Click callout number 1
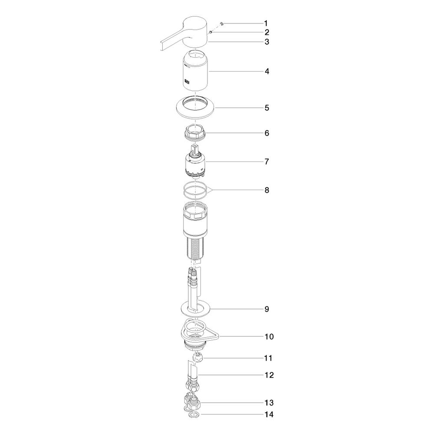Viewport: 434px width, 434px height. tap(266, 23)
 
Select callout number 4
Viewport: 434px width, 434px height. tap(266, 71)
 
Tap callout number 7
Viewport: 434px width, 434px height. tap(266, 161)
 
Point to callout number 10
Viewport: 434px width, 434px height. tap(269, 336)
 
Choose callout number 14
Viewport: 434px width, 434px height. tap(269, 414)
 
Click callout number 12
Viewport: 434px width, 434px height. tap(269, 375)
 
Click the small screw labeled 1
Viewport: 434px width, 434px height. tap(221, 23)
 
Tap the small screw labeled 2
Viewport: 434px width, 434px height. tap(211, 32)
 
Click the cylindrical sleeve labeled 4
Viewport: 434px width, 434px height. tap(195, 71)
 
